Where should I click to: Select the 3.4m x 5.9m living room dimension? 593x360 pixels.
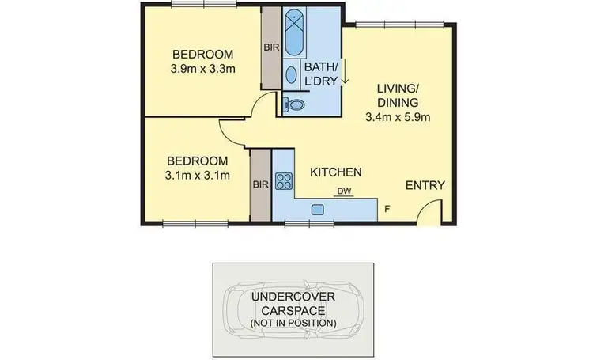pyautogui.click(x=398, y=118)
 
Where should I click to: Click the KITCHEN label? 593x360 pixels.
pyautogui.click(x=335, y=172)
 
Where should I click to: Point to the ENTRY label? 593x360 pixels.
pyautogui.click(x=425, y=186)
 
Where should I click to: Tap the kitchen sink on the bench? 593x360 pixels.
pyautogui.click(x=318, y=210)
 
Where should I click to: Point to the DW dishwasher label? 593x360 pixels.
pyautogui.click(x=344, y=191)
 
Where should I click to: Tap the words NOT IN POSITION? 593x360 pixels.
pyautogui.click(x=293, y=323)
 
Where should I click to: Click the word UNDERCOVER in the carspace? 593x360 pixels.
pyautogui.click(x=293, y=297)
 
